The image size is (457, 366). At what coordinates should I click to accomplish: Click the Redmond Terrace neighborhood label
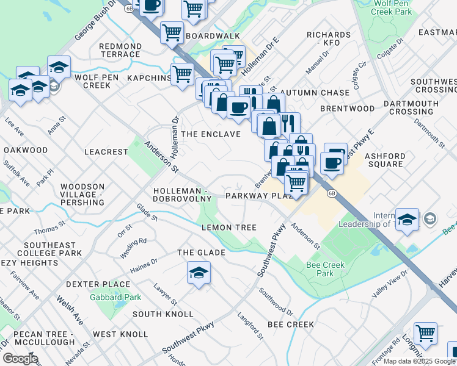click(x=120, y=50)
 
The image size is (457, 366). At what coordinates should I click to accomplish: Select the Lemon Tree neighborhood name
click(x=225, y=228)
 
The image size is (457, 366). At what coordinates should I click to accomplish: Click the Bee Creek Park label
click(x=325, y=269)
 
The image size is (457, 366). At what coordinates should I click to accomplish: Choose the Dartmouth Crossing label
click(x=411, y=107)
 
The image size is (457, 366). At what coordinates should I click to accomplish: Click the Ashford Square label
click(x=385, y=160)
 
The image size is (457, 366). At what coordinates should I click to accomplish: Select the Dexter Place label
click(x=98, y=284)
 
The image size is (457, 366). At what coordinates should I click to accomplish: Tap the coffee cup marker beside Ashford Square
click(x=332, y=163)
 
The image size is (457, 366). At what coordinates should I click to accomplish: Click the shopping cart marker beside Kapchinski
click(x=182, y=74)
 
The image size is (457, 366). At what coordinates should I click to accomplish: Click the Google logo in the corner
click(x=20, y=359)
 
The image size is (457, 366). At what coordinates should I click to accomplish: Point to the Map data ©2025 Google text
click(x=419, y=361)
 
